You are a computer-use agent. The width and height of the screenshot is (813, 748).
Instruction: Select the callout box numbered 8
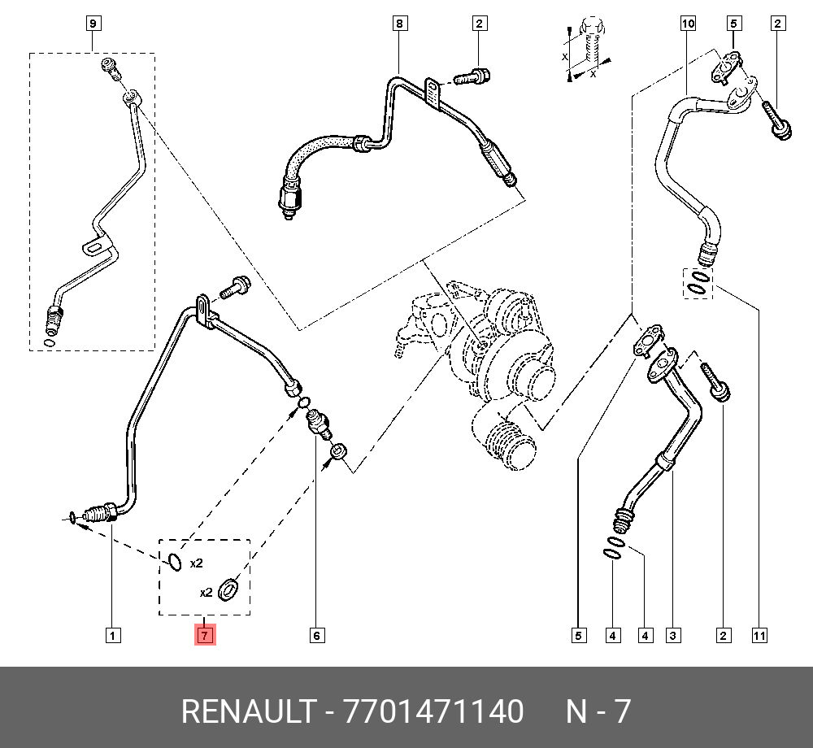tap(399, 24)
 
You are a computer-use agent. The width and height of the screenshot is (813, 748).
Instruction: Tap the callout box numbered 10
tap(688, 24)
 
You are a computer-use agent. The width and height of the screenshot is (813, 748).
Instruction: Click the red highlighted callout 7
tap(203, 635)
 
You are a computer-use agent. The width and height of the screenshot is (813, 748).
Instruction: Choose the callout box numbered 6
tap(317, 635)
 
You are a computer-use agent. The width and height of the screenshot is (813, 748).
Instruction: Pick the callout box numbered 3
tap(673, 635)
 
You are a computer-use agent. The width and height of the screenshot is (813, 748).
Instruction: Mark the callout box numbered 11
tap(759, 635)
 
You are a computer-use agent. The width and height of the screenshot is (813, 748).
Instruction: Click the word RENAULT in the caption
tap(247, 711)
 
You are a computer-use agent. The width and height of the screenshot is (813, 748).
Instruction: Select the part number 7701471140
tap(434, 711)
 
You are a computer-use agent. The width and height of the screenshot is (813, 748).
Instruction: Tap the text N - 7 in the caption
tap(598, 711)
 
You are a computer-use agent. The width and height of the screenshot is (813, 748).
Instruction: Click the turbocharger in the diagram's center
tap(488, 358)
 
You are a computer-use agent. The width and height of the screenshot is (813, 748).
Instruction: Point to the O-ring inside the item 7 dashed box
tap(176, 561)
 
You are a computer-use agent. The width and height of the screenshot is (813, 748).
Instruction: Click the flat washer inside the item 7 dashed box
tap(230, 588)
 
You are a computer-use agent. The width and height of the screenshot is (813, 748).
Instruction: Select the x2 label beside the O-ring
tap(196, 563)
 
